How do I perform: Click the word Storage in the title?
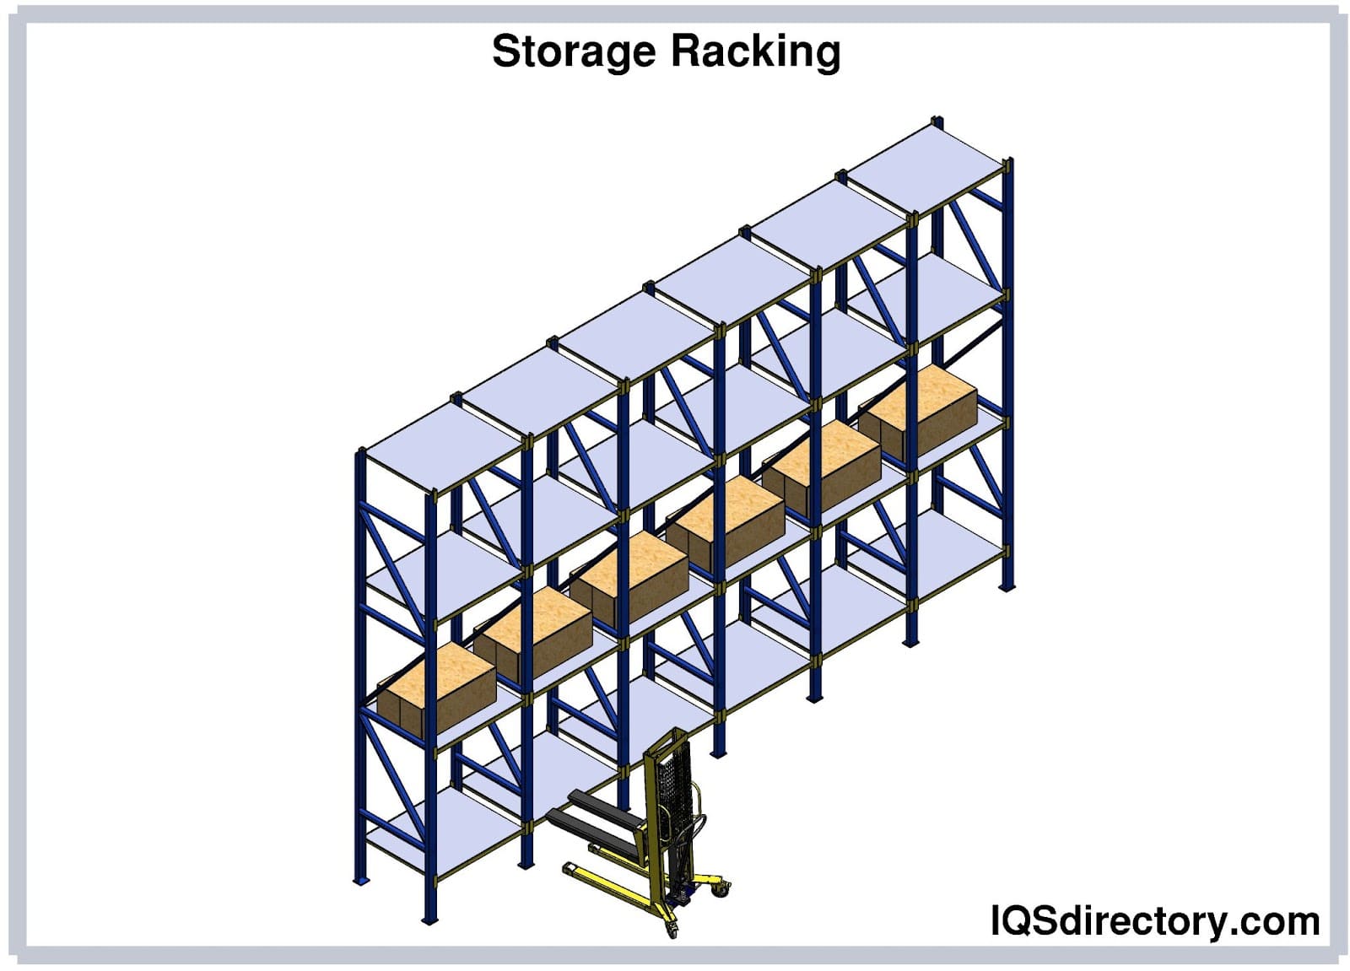(x=573, y=51)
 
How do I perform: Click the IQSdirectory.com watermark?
(x=1154, y=920)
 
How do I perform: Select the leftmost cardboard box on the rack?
(x=436, y=688)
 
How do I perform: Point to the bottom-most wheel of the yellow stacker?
(x=672, y=931)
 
